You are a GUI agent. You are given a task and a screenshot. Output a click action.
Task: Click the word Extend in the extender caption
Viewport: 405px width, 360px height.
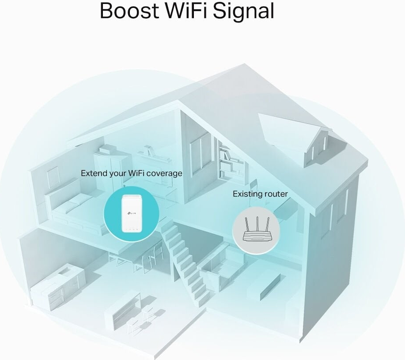(x=94, y=173)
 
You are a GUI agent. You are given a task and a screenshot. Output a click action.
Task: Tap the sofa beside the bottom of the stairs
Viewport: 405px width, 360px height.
(x=216, y=271)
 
